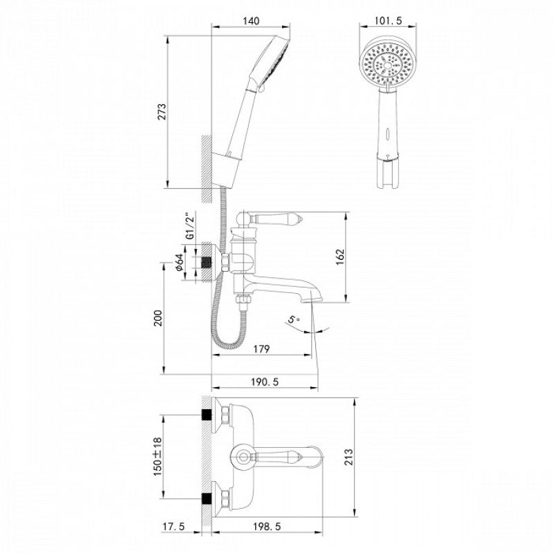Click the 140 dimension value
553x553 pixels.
tap(251, 21)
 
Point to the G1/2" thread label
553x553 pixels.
tap(189, 226)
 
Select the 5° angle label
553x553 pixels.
tap(294, 319)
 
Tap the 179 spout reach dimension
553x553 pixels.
tap(261, 348)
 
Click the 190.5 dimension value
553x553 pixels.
tap(264, 382)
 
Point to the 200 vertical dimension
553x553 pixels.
tap(158, 318)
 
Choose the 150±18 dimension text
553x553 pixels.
tap(158, 456)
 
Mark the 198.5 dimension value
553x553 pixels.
tap(265, 527)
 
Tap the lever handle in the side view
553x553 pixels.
tap(276, 218)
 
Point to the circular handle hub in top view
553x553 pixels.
tap(242, 456)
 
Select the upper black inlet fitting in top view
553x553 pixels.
tap(205, 415)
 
